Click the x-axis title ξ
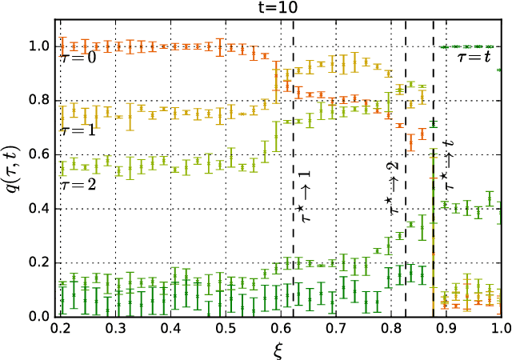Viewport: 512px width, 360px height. [281, 350]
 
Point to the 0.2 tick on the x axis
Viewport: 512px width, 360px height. [60, 329]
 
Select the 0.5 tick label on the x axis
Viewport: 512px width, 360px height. [226, 329]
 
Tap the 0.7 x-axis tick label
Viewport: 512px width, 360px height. [336, 329]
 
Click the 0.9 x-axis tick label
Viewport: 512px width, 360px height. [446, 329]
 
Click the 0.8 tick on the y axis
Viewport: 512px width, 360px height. [42, 101]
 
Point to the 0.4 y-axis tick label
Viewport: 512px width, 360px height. [42, 209]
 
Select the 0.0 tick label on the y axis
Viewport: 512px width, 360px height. [42, 317]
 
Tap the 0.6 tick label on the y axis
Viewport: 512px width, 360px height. [42, 154]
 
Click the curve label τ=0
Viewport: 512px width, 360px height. [79, 58]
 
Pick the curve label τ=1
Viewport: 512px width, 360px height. [79, 129]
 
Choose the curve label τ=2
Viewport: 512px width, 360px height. [79, 183]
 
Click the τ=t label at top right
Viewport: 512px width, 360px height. [477, 58]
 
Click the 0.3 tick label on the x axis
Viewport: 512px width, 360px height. [115, 329]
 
